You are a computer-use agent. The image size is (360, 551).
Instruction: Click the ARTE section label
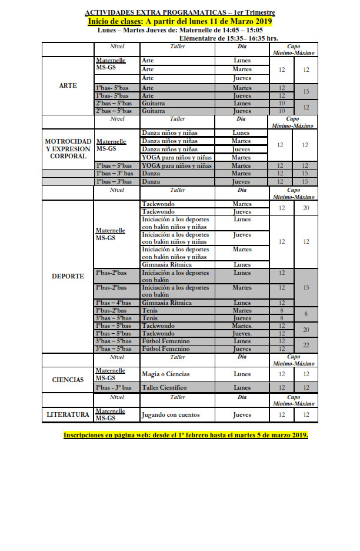coord(68,85)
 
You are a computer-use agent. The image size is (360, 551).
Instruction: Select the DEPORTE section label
coord(68,276)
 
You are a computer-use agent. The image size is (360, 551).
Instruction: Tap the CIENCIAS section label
coord(68,380)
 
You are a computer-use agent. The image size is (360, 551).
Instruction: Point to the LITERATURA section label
coord(68,414)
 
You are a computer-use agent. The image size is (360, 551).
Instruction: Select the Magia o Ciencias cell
coord(167,374)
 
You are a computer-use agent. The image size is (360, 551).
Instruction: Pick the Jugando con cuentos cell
coord(171,414)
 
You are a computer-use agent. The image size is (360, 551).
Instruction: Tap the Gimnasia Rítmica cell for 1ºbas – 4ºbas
coord(167,303)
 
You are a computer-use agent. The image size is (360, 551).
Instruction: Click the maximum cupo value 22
coord(305,345)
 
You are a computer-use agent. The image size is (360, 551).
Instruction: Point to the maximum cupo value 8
coord(305,314)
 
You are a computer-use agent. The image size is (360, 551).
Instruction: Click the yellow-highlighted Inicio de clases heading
coord(179,22)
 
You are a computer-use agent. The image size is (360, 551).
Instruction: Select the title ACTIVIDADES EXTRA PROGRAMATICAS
coord(179,12)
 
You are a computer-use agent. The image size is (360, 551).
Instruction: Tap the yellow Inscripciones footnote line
coord(186,435)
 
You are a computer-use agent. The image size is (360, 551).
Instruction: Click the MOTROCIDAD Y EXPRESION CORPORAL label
coord(68,149)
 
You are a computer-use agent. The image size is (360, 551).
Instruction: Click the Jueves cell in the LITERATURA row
coord(242,414)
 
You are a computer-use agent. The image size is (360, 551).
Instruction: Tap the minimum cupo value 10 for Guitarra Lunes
coord(281,103)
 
